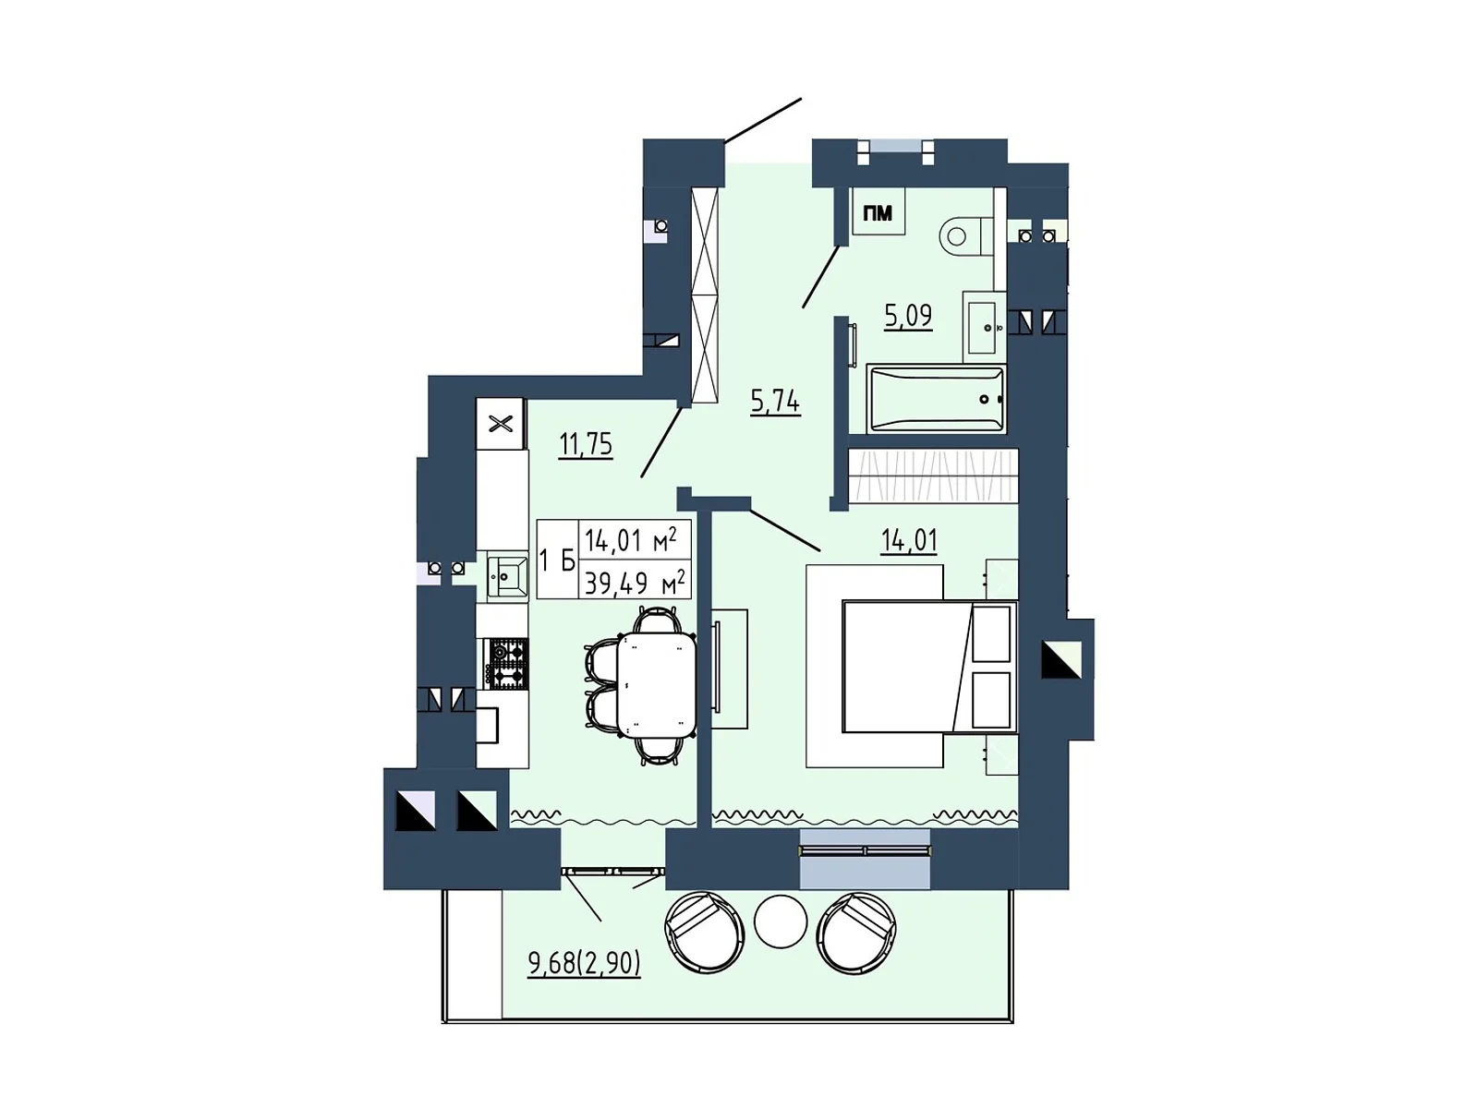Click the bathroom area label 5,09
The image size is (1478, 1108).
pos(908,316)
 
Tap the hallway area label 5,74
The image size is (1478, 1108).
pos(775,401)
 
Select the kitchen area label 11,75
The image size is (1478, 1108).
pos(586,444)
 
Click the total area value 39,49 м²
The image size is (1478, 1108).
pos(635,583)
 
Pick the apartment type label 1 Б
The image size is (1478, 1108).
pos(557,560)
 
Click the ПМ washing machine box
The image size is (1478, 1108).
pos(878,213)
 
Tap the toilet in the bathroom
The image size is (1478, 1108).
pos(964,235)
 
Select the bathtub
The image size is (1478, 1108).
pos(936,399)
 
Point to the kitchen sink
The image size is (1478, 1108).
pos(507,576)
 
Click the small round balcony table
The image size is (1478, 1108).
pos(781,921)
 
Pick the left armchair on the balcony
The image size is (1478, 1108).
pos(704,931)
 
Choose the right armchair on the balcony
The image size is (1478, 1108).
pos(857,931)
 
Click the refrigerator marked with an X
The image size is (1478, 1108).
pos(500,424)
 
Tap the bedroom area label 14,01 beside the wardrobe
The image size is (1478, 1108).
pos(909,540)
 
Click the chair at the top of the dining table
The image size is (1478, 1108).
pos(657,619)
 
